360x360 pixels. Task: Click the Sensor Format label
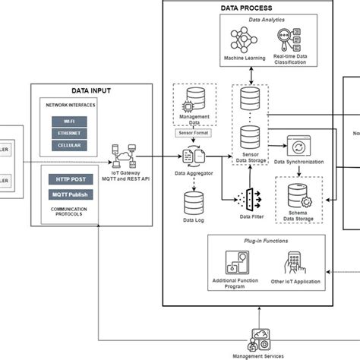click(x=194, y=131)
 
